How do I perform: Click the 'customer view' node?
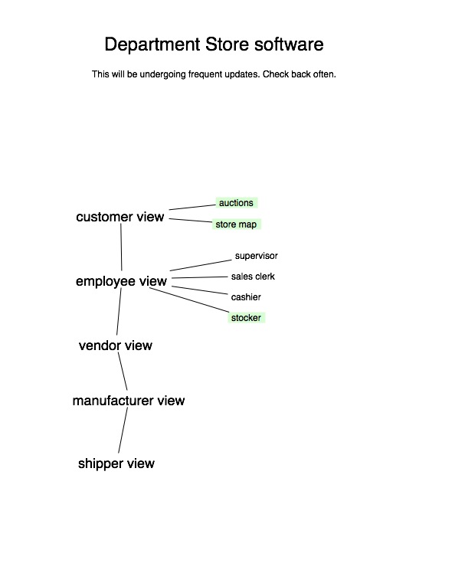pyautogui.click(x=119, y=217)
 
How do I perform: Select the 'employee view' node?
pyautogui.click(x=121, y=281)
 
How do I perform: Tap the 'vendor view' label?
pyautogui.click(x=116, y=345)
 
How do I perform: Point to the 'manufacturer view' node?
pyautogui.click(x=129, y=401)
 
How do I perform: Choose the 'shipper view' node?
pyautogui.click(x=116, y=463)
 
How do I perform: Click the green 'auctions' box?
pyautogui.click(x=237, y=202)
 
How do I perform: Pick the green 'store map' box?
pyautogui.click(x=237, y=224)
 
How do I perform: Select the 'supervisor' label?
pyautogui.click(x=256, y=256)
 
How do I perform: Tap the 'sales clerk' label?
pyautogui.click(x=253, y=277)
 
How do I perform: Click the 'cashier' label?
pyautogui.click(x=246, y=297)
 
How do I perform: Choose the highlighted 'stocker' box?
pyautogui.click(x=247, y=318)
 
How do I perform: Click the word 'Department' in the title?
pyautogui.click(x=152, y=44)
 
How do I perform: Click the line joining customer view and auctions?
pyautogui.click(x=192, y=207)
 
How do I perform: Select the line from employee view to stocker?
pyautogui.click(x=189, y=300)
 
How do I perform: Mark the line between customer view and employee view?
pyautogui.click(x=121, y=247)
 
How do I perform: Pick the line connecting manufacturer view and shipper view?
pyautogui.click(x=123, y=430)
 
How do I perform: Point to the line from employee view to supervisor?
pyautogui.click(x=201, y=265)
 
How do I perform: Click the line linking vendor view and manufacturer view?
pyautogui.click(x=123, y=372)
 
